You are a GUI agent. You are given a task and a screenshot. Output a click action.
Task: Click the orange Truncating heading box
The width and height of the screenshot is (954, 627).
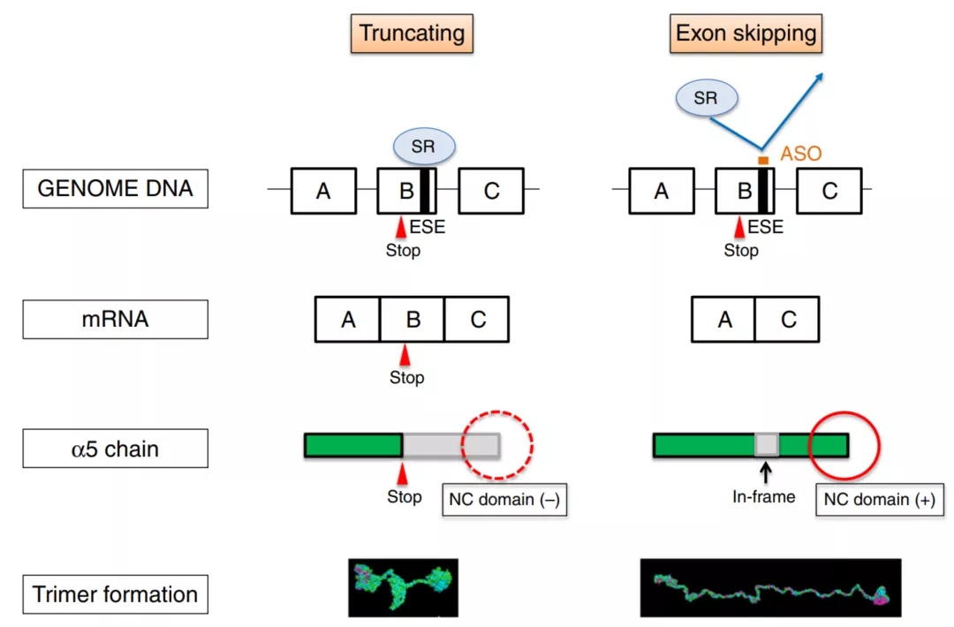[412, 34]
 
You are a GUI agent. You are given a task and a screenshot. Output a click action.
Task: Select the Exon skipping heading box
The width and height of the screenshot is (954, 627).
[746, 34]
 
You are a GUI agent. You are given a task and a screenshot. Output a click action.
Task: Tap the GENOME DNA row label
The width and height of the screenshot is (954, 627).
[115, 189]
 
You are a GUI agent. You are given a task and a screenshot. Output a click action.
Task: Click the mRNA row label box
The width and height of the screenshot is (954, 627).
[115, 320]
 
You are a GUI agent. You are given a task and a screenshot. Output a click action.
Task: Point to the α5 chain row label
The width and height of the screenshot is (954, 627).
[115, 449]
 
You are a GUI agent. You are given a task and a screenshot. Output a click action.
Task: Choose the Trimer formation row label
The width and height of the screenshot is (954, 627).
[115, 594]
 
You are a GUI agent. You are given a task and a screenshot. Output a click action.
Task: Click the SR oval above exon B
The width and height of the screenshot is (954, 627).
[423, 147]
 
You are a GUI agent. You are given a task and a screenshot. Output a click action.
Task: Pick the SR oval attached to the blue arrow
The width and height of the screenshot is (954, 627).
[705, 99]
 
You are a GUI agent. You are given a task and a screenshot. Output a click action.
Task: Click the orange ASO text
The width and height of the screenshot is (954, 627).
[801, 154]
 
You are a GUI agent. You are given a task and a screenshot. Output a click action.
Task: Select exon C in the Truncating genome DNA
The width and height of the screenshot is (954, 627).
[491, 191]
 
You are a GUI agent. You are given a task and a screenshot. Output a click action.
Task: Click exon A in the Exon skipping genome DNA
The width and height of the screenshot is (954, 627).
[661, 191]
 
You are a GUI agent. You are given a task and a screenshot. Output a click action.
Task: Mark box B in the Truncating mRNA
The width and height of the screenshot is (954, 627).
[413, 320]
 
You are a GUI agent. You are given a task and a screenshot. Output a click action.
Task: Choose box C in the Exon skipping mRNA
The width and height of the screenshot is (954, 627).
[788, 320]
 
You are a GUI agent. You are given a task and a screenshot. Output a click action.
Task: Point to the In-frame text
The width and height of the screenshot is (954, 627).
[763, 497]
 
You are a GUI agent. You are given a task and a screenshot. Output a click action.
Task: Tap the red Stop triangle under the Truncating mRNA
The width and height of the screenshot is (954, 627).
[405, 355]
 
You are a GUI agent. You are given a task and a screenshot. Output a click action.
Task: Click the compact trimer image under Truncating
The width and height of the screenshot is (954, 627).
[403, 586]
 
